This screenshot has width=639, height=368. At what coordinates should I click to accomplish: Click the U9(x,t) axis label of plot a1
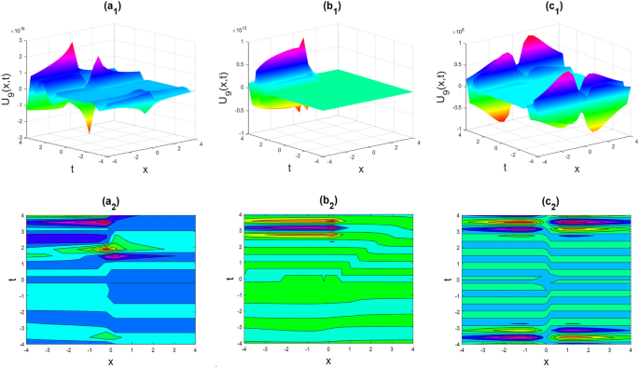pos(8,88)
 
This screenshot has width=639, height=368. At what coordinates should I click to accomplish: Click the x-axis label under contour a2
pos(109,361)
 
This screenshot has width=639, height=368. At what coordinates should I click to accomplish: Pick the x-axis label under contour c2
pos(546,361)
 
